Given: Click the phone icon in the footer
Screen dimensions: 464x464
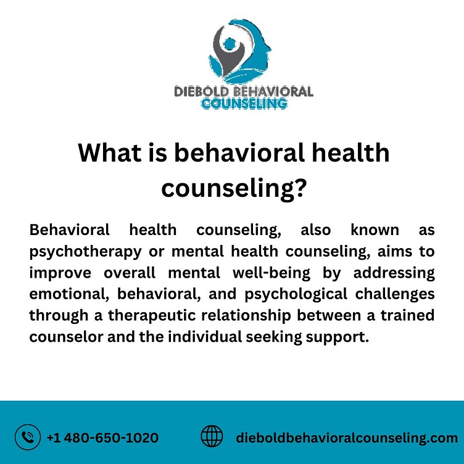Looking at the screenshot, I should pyautogui.click(x=27, y=437).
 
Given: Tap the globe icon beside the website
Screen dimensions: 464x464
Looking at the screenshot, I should pyautogui.click(x=212, y=437).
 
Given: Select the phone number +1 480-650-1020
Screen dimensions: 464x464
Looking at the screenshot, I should pyautogui.click(x=102, y=438).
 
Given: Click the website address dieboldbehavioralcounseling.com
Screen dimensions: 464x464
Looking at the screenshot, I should pyautogui.click(x=347, y=438).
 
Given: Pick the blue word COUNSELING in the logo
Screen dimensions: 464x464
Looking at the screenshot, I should pyautogui.click(x=244, y=104).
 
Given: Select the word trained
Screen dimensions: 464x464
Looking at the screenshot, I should pyautogui.click(x=407, y=315).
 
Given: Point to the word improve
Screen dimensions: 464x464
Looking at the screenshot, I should pyautogui.click(x=59, y=273).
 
